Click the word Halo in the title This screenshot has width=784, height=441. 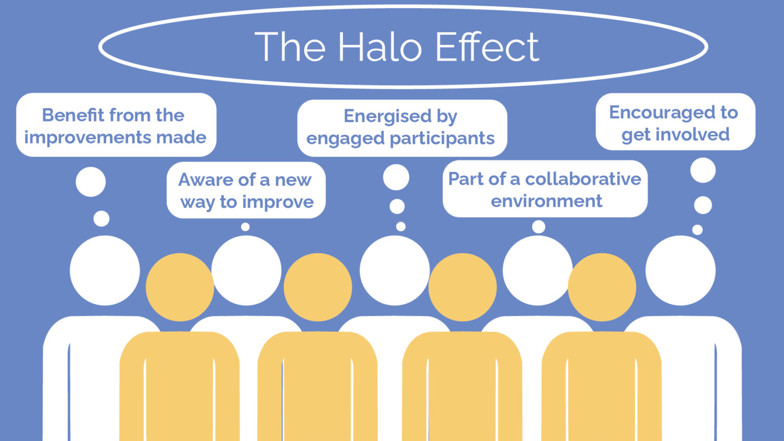(380, 46)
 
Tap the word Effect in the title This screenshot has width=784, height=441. (487, 46)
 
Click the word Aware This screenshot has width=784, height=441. (206, 180)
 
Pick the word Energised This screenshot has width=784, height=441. (387, 116)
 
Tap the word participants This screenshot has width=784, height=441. (442, 139)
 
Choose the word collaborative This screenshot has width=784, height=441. (583, 179)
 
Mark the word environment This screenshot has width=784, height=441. (546, 201)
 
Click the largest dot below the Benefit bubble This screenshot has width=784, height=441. (91, 182)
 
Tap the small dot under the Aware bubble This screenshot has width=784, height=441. (246, 227)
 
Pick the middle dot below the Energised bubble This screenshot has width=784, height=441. (397, 207)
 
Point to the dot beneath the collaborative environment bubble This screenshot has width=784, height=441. (538, 227)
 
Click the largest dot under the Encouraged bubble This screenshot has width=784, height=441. (703, 170)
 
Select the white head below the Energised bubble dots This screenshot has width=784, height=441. (395, 271)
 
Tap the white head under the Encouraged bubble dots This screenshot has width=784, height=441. (681, 271)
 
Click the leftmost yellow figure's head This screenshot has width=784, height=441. (180, 287)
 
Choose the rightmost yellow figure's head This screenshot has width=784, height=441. (602, 287)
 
